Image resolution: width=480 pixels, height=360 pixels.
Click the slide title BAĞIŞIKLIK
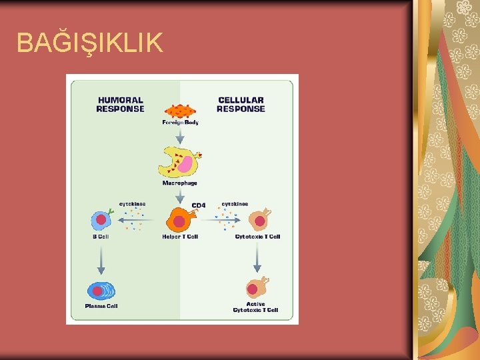[89, 43]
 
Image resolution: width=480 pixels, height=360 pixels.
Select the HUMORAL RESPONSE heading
[120, 104]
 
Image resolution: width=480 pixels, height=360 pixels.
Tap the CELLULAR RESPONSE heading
[241, 104]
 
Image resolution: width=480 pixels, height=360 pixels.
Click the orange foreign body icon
[180, 111]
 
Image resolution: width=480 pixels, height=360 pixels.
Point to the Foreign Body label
[180, 123]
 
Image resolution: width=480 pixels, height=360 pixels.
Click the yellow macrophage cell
[179, 163]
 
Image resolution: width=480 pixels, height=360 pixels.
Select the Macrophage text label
[180, 183]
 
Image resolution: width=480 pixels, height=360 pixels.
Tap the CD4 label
[199, 205]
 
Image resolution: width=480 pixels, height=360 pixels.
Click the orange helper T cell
[180, 220]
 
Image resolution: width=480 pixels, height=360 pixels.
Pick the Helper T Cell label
[180, 237]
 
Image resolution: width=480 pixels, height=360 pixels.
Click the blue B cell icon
[101, 219]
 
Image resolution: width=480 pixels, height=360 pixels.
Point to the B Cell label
[101, 237]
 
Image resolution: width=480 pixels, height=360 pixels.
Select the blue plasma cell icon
[101, 291]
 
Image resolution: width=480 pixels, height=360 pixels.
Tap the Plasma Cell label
[101, 306]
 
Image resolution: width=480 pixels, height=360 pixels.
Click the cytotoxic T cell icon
[259, 219]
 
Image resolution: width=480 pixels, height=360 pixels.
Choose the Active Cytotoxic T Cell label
[255, 307]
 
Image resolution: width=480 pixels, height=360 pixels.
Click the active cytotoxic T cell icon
[255, 289]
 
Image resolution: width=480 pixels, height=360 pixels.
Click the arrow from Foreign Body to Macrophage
[180, 136]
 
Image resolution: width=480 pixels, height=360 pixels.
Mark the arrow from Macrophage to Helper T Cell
[180, 196]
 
